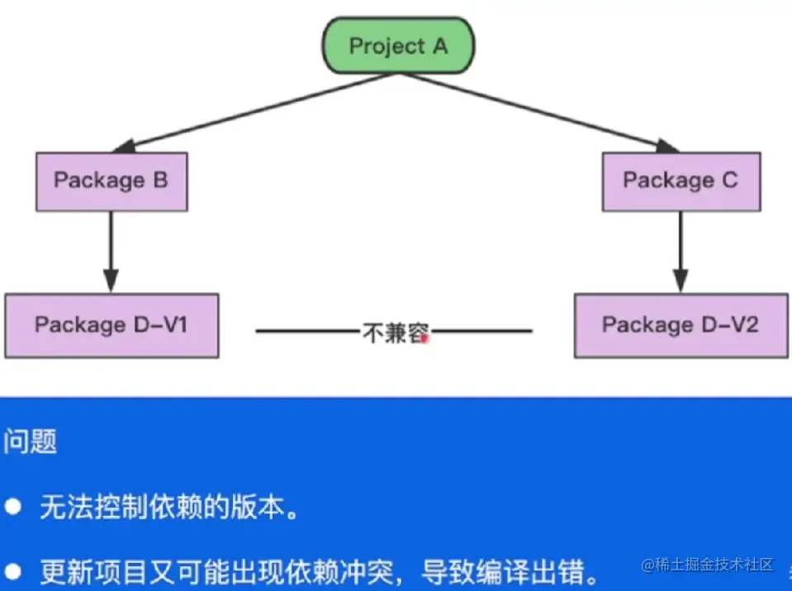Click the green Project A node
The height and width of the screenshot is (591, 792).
pyautogui.click(x=399, y=45)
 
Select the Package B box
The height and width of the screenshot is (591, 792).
pyautogui.click(x=111, y=182)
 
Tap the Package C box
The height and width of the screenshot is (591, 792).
pyautogui.click(x=681, y=182)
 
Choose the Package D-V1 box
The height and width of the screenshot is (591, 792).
pyautogui.click(x=111, y=325)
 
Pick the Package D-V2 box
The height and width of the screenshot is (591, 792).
pyautogui.click(x=681, y=325)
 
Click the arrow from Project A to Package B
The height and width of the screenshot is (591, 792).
pyautogui.click(x=255, y=113)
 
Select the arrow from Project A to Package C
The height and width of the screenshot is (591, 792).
pyautogui.click(x=539, y=113)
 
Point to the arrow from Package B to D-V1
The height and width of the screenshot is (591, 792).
pyautogui.click(x=111, y=252)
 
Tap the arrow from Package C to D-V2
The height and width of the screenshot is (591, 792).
pyautogui.click(x=681, y=252)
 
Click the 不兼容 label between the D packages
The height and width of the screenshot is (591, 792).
pyautogui.click(x=396, y=333)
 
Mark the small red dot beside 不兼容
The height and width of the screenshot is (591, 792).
pyautogui.click(x=424, y=338)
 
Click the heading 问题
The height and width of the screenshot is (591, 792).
pyautogui.click(x=30, y=442)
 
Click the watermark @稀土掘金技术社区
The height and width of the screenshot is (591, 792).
pyautogui.click(x=707, y=565)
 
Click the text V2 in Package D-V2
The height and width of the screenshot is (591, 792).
pyautogui.click(x=745, y=324)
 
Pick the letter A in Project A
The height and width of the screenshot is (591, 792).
pyautogui.click(x=440, y=46)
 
